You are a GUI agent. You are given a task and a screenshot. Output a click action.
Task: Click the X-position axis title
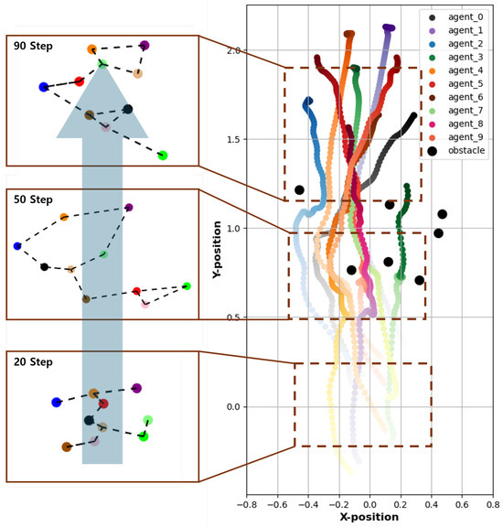pyautogui.click(x=369, y=517)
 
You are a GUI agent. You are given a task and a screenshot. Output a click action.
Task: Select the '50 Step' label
pyautogui.click(x=32, y=199)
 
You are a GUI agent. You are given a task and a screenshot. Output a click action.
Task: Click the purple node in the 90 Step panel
pyautogui.click(x=144, y=45)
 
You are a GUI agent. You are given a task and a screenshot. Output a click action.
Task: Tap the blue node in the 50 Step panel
pyautogui.click(x=17, y=246)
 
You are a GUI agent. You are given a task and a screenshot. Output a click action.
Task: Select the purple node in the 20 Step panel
pyautogui.click(x=136, y=389)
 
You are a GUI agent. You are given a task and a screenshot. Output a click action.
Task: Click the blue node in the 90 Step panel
pyautogui.click(x=43, y=87)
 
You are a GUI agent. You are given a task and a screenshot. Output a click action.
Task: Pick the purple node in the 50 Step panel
pyautogui.click(x=129, y=209)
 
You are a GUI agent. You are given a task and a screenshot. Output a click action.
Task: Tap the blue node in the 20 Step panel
pyautogui.click(x=57, y=402)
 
